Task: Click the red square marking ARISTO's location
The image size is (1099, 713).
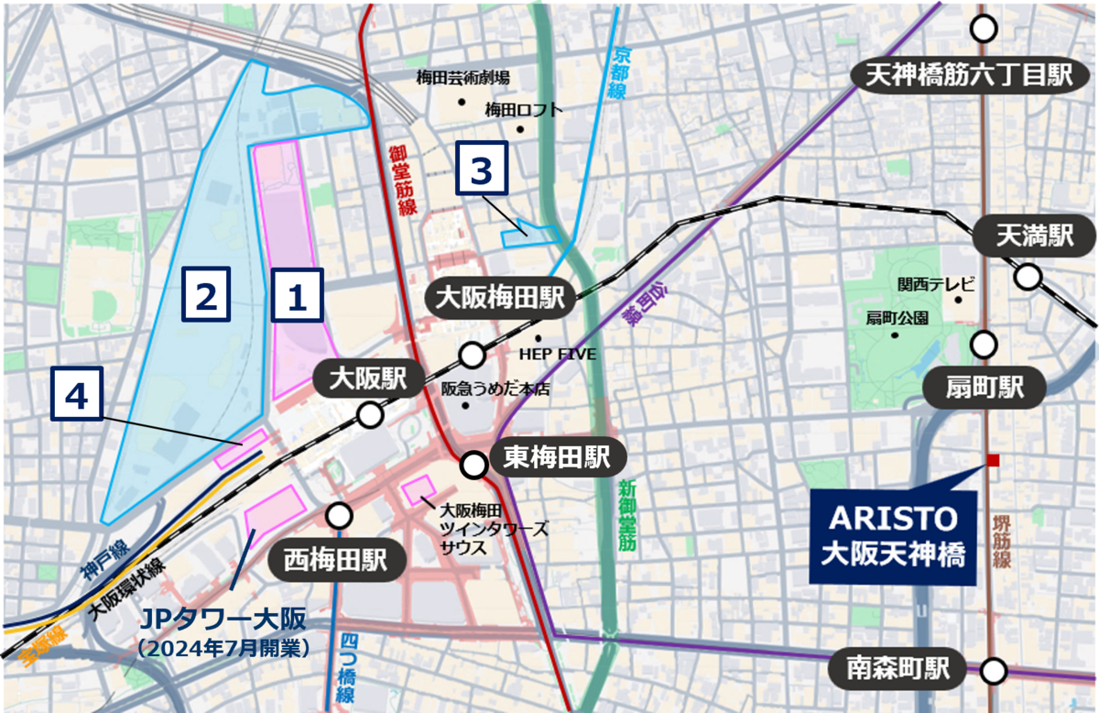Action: pyautogui.click(x=993, y=460)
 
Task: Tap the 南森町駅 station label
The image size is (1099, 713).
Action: pyautogui.click(x=897, y=670)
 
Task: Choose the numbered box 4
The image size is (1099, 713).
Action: pyautogui.click(x=77, y=395)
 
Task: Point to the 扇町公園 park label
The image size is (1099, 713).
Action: pyautogui.click(x=897, y=318)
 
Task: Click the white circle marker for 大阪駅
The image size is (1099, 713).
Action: pyautogui.click(x=370, y=416)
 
